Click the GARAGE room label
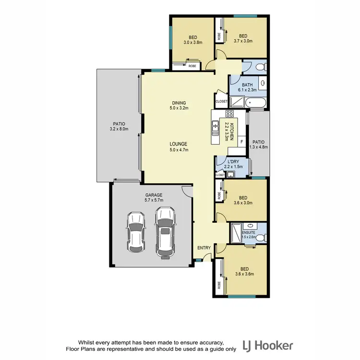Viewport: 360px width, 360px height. click(154, 198)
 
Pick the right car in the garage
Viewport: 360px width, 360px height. click(164, 232)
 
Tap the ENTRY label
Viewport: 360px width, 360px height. click(204, 248)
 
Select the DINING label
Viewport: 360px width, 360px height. click(179, 106)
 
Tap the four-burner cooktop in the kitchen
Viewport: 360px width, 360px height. click(229, 114)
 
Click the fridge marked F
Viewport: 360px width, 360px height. click(241, 142)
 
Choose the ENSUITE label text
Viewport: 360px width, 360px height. click(248, 234)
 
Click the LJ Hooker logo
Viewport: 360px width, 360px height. click(268, 345)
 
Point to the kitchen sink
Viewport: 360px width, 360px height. click(214, 127)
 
